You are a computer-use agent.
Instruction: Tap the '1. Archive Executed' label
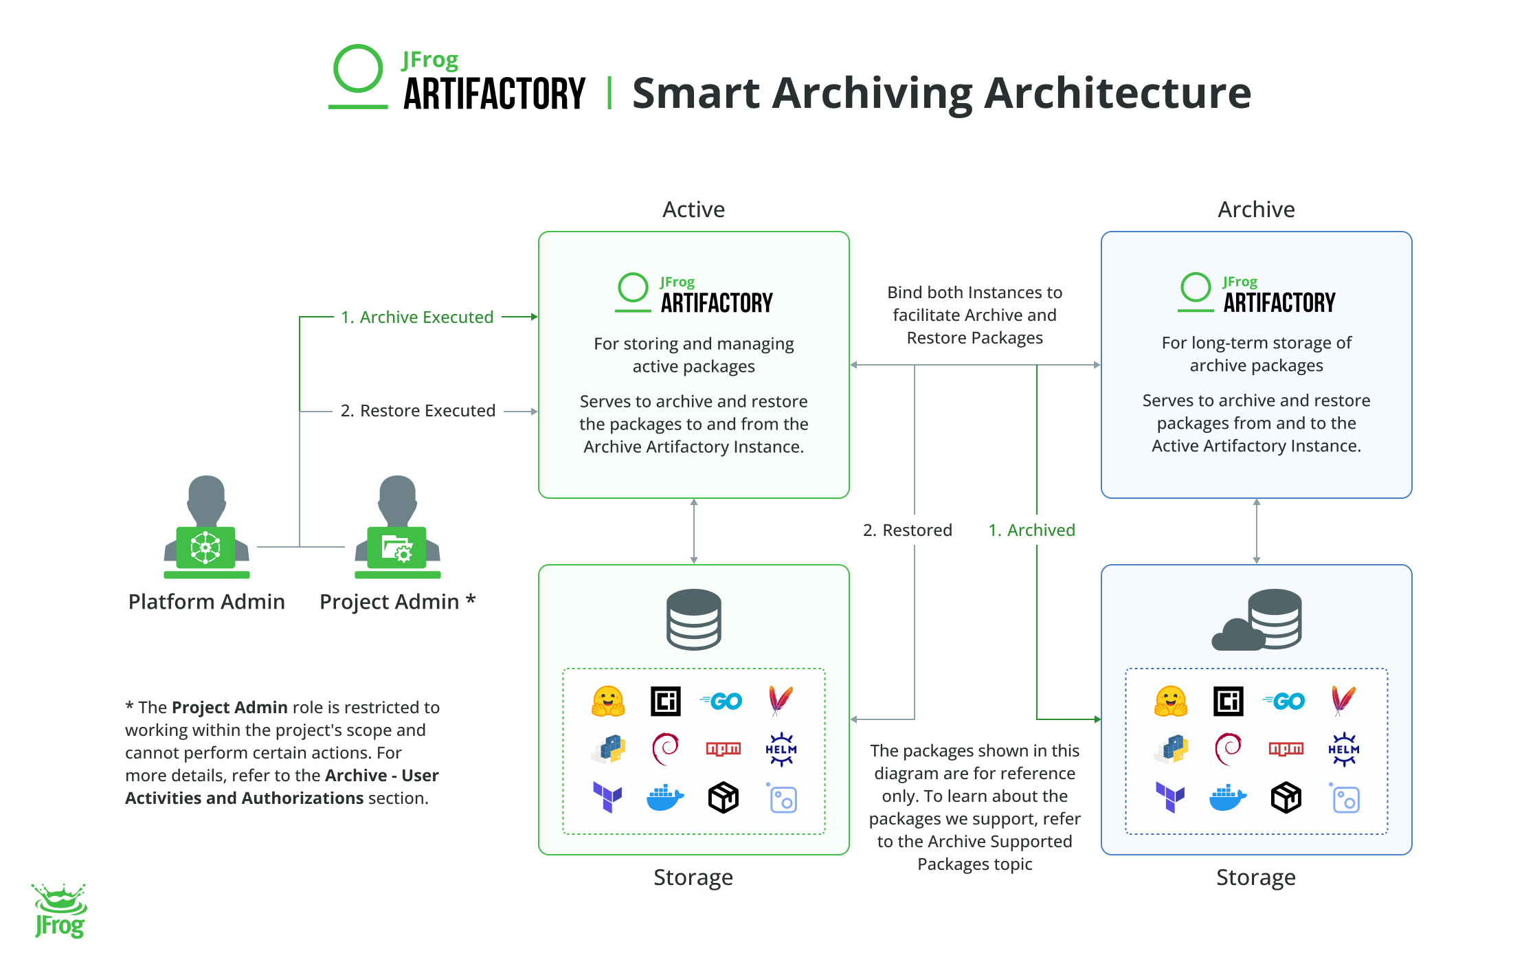pos(417,317)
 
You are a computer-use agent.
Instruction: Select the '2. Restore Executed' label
pos(418,411)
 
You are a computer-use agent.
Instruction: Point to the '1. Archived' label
pos(1031,530)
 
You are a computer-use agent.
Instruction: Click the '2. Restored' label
pos(908,530)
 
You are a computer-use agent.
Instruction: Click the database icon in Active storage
pos(693,619)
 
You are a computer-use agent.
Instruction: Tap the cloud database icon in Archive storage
pos(1257,619)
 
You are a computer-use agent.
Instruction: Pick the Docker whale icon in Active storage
pos(664,798)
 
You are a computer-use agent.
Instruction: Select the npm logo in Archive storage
pos(1286,749)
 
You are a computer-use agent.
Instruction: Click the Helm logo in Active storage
pos(781,749)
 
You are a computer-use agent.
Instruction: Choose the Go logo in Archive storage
pos(1284,701)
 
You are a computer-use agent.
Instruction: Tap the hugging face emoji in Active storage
pos(608,701)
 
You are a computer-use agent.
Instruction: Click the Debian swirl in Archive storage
pos(1228,749)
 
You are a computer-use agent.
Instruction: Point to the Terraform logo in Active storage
pos(607,797)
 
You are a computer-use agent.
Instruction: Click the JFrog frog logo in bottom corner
pos(60,911)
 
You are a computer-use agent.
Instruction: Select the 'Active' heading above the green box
pos(693,210)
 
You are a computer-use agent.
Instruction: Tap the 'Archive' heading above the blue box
pos(1256,210)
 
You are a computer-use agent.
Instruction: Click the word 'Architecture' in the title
pos(1117,93)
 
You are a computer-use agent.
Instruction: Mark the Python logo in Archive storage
pos(1171,749)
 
